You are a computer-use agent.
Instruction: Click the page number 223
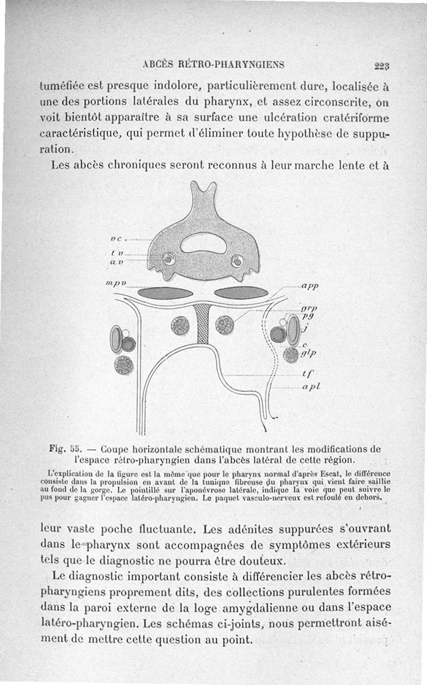(382, 66)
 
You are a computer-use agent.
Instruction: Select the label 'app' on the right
(309, 286)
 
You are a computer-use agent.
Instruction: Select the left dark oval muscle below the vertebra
(165, 293)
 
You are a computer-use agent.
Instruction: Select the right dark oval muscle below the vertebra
(241, 292)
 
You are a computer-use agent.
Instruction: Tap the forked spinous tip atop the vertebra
(203, 189)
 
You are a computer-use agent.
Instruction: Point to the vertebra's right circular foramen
(236, 261)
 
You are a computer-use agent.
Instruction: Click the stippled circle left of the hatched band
(180, 325)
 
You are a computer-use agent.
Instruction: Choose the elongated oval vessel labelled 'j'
(292, 331)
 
